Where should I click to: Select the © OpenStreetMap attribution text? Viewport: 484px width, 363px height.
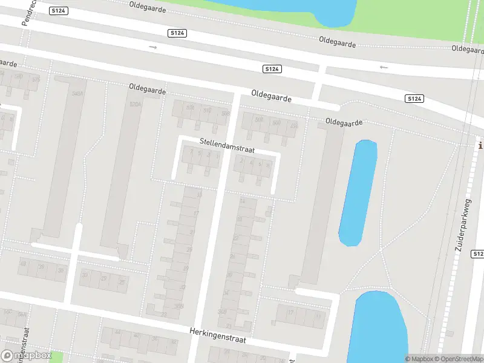[x=457, y=359]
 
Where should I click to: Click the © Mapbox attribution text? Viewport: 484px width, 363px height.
[x=418, y=359]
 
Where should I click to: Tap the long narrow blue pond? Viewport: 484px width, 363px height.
[x=358, y=192]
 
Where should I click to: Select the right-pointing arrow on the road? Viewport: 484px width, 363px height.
[x=153, y=47]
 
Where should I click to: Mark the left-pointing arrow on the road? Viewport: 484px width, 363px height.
[x=383, y=67]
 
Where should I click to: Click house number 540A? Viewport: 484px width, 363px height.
[x=77, y=94]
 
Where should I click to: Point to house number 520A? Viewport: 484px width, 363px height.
[x=135, y=104]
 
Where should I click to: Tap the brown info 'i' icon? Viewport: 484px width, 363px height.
[x=480, y=145]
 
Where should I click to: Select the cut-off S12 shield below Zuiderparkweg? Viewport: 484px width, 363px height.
[x=478, y=253]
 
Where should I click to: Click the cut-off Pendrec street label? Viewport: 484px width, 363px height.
[x=28, y=12]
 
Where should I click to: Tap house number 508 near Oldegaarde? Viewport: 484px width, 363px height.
[x=260, y=120]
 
